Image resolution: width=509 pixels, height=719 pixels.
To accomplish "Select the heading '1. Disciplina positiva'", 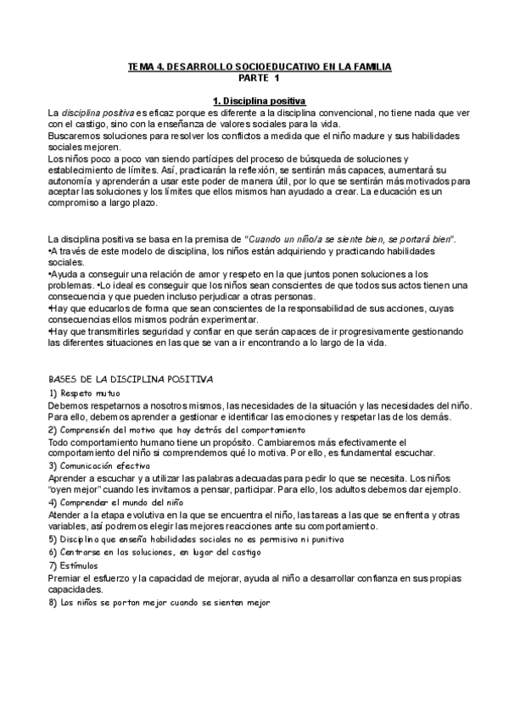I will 260,102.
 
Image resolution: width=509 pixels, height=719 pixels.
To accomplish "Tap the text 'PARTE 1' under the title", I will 258,78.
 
